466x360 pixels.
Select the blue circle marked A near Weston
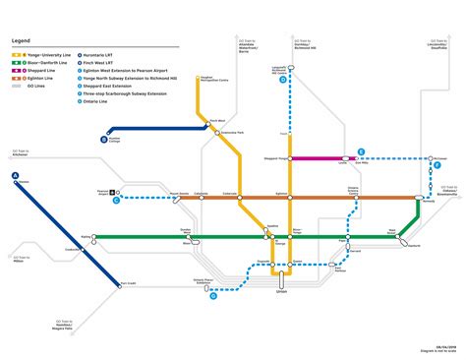tap(15, 176)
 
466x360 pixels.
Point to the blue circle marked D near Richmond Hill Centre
tap(283, 82)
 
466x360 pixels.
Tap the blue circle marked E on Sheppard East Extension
tap(361, 152)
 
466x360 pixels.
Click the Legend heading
tap(21, 39)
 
